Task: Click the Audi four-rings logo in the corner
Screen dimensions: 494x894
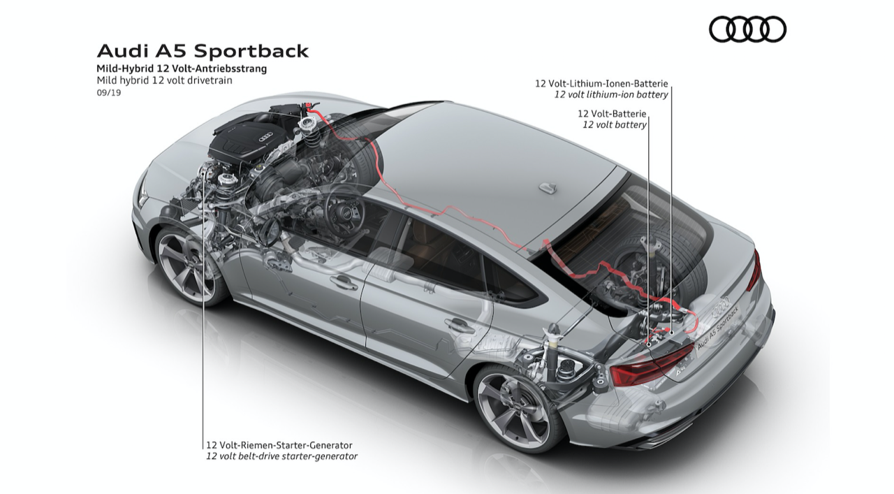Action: coord(747,29)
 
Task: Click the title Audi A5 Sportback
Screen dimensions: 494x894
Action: coord(203,51)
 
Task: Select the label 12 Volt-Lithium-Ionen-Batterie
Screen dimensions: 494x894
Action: coord(601,83)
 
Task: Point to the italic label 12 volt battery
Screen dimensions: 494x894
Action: coord(615,124)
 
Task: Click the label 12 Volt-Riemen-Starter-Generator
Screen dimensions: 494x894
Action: coord(279,444)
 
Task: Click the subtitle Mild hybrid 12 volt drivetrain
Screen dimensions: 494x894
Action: coord(164,80)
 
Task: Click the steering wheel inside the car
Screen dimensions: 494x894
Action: coord(344,209)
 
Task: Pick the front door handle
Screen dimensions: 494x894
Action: coord(344,282)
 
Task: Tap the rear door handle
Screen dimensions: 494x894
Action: coord(460,325)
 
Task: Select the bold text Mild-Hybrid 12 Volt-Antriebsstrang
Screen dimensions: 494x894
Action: coord(181,68)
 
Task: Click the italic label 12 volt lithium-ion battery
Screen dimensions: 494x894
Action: coord(611,94)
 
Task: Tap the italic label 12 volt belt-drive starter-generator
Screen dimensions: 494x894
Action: coord(281,456)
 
